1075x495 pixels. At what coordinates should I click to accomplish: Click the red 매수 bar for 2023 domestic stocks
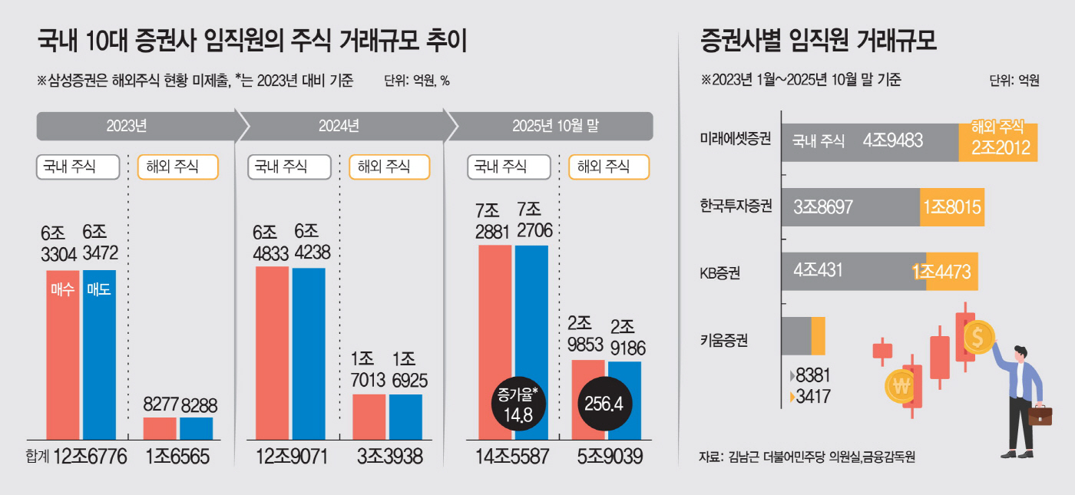point(62,353)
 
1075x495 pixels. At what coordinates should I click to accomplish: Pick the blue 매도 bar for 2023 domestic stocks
point(99,353)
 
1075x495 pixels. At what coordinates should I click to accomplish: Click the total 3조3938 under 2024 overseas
point(390,457)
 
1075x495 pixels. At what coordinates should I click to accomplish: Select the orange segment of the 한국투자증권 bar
point(952,207)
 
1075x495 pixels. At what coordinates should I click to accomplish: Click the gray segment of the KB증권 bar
point(852,272)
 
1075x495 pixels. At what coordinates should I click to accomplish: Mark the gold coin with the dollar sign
point(977,336)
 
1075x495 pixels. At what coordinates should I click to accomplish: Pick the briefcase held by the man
point(1041,414)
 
